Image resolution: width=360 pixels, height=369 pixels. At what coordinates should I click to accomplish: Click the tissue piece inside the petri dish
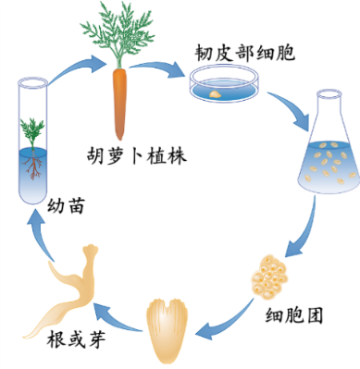click(215, 92)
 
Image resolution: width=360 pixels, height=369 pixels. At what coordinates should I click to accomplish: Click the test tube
click(32, 139)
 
